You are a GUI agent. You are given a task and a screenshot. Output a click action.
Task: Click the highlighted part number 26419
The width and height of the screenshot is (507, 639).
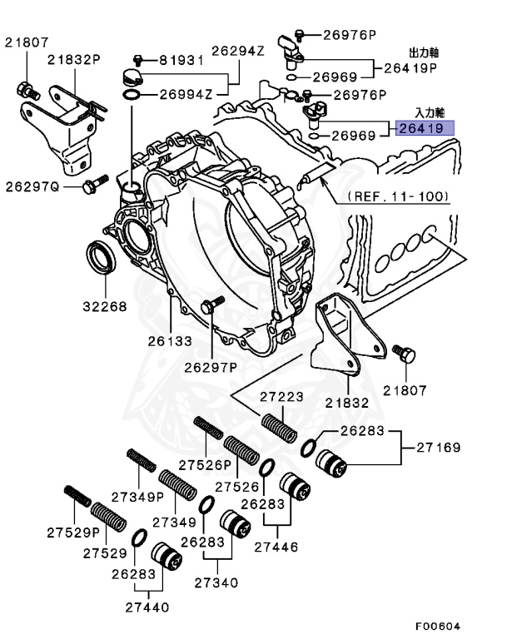click(421, 129)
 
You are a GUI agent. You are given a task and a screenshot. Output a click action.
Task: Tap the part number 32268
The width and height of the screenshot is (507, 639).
click(105, 306)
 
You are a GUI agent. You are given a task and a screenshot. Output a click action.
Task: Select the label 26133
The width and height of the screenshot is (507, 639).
click(170, 341)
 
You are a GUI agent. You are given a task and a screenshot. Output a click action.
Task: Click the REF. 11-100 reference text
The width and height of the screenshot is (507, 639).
click(398, 197)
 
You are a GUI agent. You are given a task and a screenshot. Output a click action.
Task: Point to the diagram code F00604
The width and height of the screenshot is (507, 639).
click(438, 626)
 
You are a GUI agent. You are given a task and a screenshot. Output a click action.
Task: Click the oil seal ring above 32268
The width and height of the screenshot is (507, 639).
click(102, 258)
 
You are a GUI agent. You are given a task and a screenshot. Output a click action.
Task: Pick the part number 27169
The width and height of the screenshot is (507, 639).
click(439, 448)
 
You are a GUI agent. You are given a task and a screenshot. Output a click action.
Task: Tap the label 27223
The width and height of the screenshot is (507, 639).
click(282, 397)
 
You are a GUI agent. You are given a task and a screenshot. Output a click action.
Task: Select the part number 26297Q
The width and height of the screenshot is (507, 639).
click(32, 187)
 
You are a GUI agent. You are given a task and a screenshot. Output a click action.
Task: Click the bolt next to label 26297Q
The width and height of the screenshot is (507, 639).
click(96, 184)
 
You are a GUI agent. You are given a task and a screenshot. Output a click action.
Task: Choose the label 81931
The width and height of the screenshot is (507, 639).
click(181, 61)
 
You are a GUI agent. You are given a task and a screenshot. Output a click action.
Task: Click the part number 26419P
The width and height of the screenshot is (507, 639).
click(410, 68)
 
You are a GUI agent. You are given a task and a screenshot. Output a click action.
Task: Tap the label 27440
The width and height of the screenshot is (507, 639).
click(147, 607)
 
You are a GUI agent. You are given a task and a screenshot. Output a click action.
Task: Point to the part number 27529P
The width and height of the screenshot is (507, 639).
click(73, 532)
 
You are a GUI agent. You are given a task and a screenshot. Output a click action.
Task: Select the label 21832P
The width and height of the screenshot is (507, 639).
click(74, 60)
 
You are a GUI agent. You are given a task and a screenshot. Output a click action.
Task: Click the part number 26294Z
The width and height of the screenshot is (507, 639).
click(238, 51)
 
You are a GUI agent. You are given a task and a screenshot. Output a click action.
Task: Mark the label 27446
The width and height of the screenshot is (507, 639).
click(276, 547)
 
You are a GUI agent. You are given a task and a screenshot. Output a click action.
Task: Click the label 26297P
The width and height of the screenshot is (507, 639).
click(211, 368)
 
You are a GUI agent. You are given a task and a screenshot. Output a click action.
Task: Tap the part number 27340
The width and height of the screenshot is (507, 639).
click(216, 582)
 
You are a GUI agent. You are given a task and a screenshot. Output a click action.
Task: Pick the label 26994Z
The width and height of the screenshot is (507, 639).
click(186, 95)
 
